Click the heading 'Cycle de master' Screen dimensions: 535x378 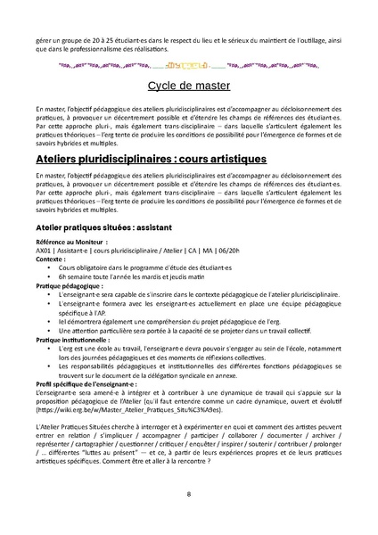click(188, 87)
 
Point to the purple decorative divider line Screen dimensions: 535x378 click(188, 65)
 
